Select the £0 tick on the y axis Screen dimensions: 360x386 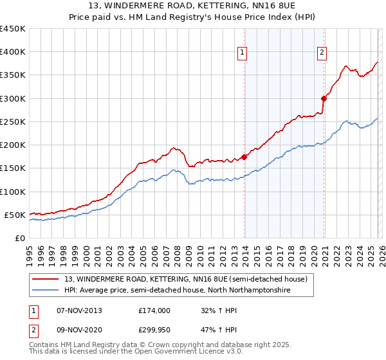(20, 238)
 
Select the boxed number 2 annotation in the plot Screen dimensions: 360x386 (322, 53)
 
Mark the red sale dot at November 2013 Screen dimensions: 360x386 (244, 157)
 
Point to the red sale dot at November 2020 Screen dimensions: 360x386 (324, 98)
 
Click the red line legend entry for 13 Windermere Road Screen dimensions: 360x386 (186, 279)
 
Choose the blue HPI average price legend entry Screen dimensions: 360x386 (177, 291)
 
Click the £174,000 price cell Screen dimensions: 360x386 (154, 310)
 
